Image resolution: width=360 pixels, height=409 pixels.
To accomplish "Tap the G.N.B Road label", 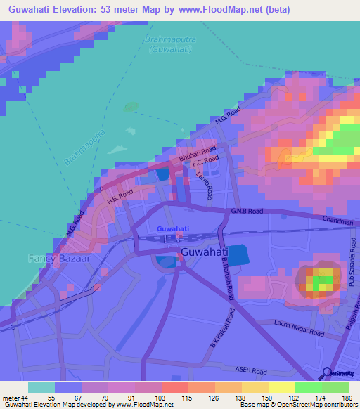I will tap(247, 210).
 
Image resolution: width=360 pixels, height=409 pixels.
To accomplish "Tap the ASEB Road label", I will tap(250, 370).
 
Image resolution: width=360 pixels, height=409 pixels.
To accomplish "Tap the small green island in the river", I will tap(131, 108).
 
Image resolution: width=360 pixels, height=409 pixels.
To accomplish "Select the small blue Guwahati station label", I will tap(172, 228).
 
